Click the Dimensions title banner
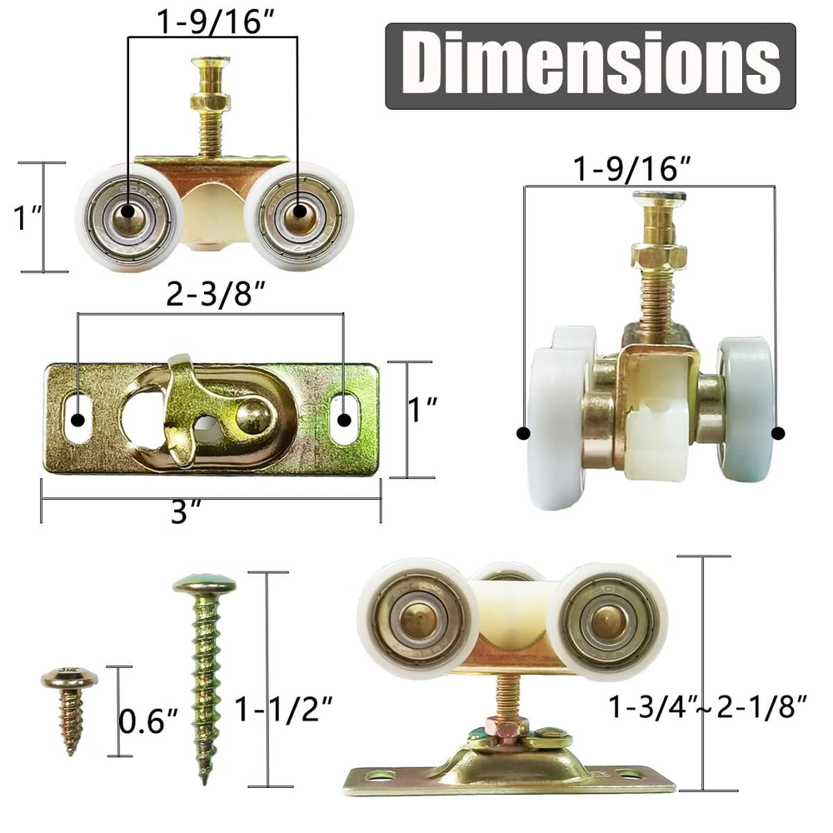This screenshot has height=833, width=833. pos(591,66)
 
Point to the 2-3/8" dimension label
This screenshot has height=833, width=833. pos(215,294)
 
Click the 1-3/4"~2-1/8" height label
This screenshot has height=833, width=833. pos(707,707)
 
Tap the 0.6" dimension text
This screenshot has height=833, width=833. pos(148,721)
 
